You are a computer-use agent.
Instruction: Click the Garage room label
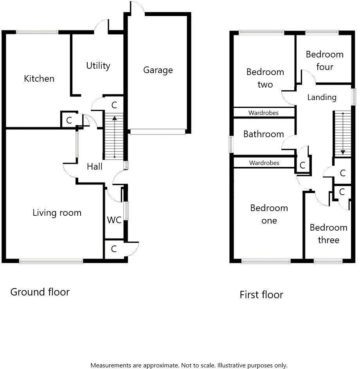coord(158,70)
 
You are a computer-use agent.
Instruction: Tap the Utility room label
coord(98,66)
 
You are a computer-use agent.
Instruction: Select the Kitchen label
coord(39,79)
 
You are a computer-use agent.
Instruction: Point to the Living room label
coord(57,213)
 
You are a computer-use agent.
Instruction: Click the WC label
coord(114,220)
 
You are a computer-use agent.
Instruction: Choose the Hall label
coord(95,167)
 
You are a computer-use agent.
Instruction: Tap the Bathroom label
coord(263,134)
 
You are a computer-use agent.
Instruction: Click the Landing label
coord(322,97)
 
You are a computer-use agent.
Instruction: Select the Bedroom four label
coord(324,61)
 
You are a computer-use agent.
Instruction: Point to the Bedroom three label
coord(328,234)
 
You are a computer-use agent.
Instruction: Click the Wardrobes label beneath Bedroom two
coord(263,113)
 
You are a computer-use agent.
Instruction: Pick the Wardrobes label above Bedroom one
coord(264,163)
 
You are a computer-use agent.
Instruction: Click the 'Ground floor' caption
coord(40,292)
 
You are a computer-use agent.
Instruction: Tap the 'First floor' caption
coord(261,295)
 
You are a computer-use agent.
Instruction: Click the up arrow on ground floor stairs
coord(114,117)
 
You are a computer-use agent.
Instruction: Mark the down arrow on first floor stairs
coord(343,152)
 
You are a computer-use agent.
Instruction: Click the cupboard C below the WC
coord(114,249)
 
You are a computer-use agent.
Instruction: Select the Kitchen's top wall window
coord(38,32)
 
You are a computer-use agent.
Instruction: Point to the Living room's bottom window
coord(51,261)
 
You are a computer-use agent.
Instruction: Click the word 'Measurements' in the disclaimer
coord(111,365)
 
